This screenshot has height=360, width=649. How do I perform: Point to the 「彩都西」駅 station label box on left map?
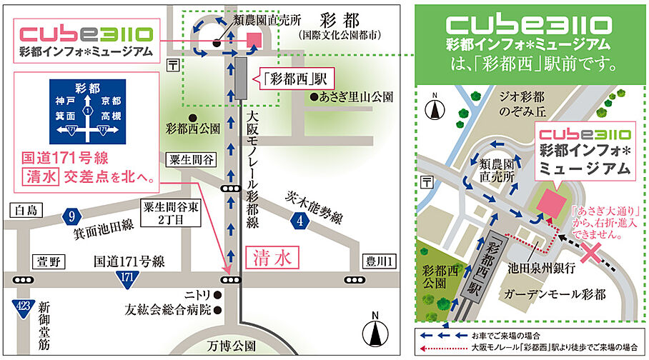click(289, 79)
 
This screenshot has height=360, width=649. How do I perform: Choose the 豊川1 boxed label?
click(377, 261)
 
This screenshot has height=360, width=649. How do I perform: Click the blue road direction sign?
click(86, 110)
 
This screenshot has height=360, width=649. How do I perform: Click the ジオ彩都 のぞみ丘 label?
click(502, 104)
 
